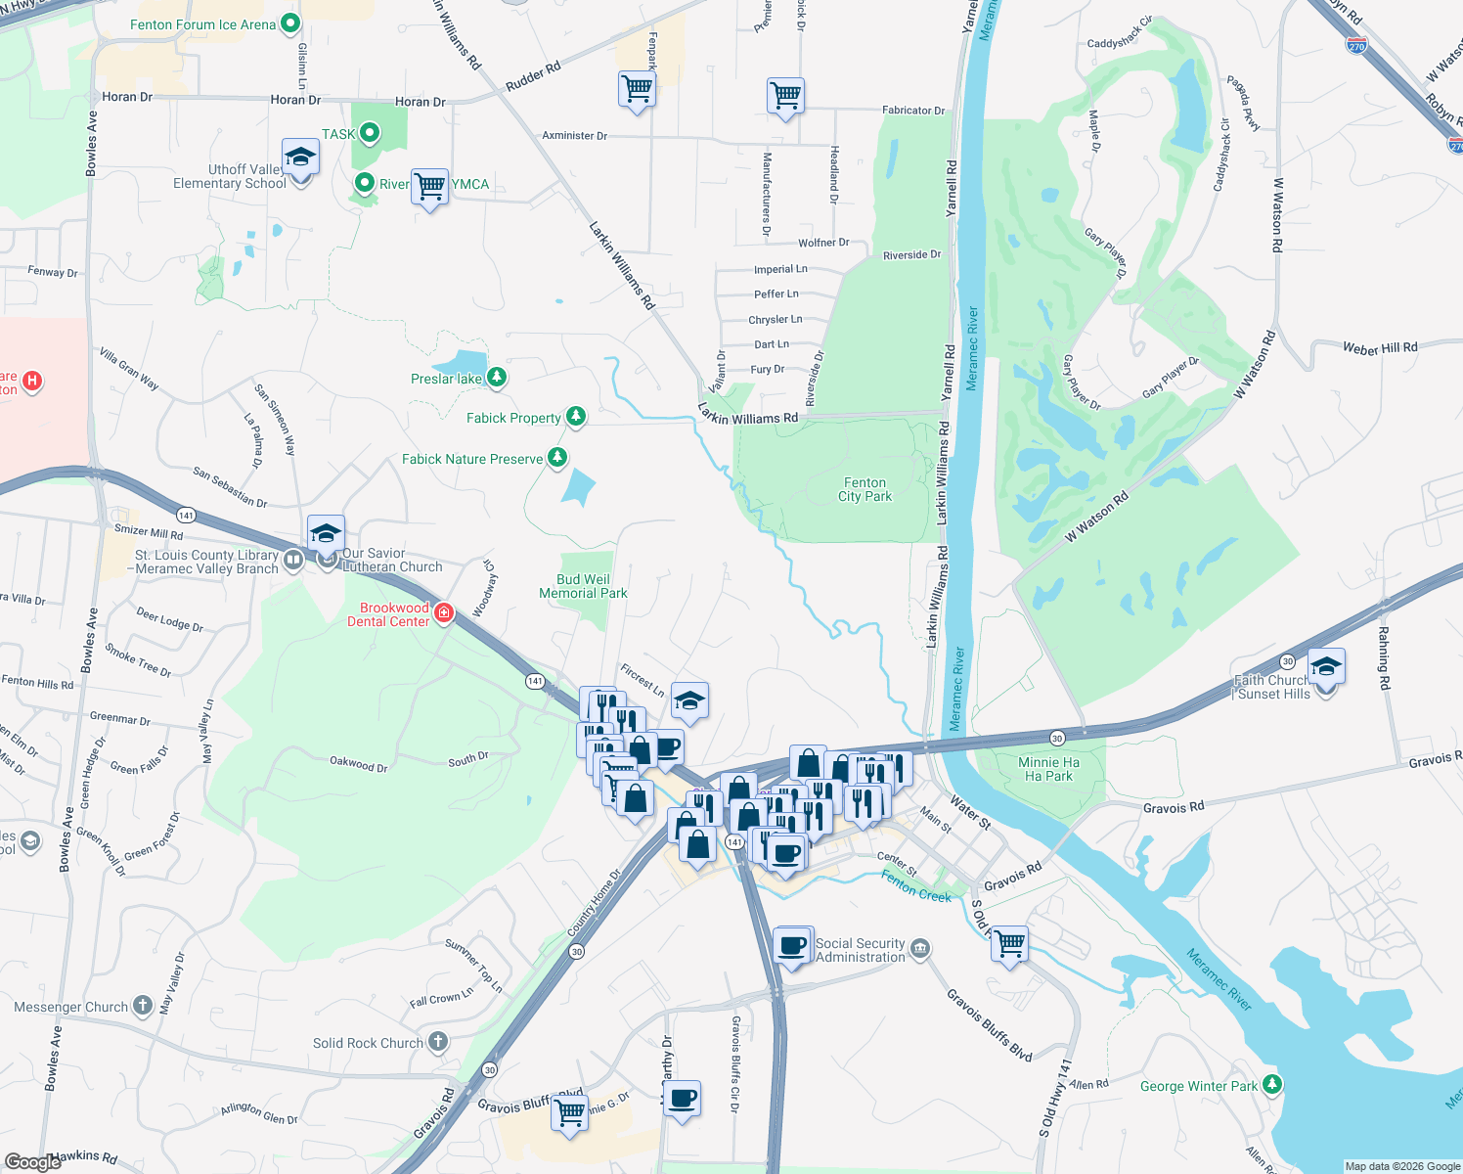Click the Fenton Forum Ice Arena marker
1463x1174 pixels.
tap(289, 23)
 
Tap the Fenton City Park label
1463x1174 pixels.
tap(864, 489)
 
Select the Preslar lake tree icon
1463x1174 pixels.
tap(497, 378)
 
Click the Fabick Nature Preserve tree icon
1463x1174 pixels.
tap(557, 457)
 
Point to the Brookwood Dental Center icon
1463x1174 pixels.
tap(444, 613)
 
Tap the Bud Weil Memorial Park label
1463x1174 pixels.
tap(583, 586)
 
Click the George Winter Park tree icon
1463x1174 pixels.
tap(1271, 1084)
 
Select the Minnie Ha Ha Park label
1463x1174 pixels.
tap(1048, 769)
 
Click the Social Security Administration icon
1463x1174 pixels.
tap(919, 949)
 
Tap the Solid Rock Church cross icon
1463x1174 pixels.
tap(438, 1042)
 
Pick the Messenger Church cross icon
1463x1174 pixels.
tap(143, 1005)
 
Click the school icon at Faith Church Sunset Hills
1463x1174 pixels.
tap(1326, 667)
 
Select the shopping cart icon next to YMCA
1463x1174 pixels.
tap(429, 185)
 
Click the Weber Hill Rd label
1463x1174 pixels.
tap(1379, 348)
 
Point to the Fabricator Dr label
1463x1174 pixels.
tap(913, 111)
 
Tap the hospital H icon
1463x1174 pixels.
tap(32, 381)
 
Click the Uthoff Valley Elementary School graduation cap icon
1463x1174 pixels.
tap(300, 158)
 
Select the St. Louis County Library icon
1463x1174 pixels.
tap(293, 561)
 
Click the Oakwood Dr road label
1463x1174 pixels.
tap(358, 765)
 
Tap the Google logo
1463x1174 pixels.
tap(32, 1162)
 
